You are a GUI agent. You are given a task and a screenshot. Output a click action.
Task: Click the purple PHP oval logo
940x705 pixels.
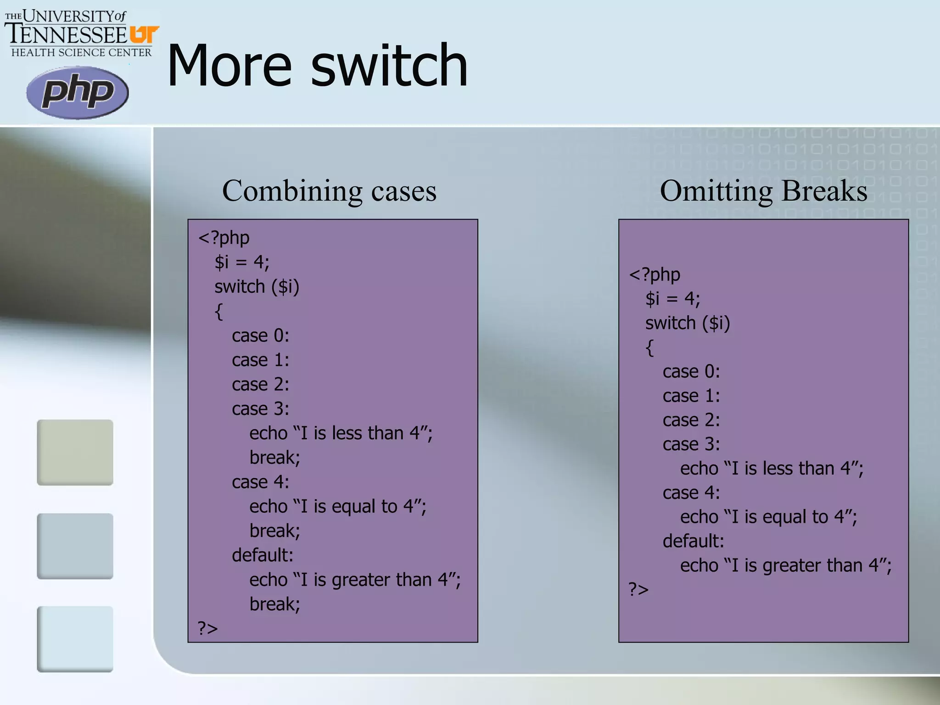[x=78, y=92]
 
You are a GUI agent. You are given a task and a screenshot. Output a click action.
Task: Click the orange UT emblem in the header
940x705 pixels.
[x=144, y=35]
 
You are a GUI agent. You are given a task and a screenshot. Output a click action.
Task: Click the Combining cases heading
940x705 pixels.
[x=329, y=190]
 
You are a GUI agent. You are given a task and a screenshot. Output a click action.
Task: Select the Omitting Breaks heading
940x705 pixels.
[x=763, y=190]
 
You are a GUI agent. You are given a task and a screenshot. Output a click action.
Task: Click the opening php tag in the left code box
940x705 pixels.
[x=224, y=238]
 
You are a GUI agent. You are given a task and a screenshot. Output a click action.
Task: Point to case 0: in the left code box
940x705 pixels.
[x=260, y=336]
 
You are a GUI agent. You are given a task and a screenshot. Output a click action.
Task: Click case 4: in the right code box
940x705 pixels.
[x=691, y=492]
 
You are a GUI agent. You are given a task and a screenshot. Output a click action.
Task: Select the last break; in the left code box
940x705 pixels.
[x=274, y=604]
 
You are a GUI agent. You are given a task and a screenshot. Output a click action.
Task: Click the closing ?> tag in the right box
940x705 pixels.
[x=638, y=589]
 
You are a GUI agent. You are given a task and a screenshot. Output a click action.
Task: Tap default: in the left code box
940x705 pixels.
[x=262, y=555]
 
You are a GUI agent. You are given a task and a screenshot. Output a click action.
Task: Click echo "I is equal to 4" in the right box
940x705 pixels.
[x=768, y=517]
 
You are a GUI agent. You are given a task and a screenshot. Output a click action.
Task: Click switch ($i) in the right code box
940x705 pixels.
[x=687, y=323]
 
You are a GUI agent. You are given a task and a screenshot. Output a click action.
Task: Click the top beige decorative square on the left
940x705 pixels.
[x=75, y=452]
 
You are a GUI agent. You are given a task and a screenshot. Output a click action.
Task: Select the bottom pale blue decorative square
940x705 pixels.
[x=75, y=639]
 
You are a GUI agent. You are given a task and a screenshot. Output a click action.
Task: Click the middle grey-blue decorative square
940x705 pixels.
[x=75, y=546]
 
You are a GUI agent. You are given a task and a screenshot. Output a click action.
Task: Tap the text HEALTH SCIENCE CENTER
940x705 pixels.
[x=81, y=53]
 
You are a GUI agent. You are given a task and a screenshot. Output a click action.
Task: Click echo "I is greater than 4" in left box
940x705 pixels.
[x=354, y=580]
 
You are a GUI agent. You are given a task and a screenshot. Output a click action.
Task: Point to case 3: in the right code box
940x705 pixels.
[x=691, y=444]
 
